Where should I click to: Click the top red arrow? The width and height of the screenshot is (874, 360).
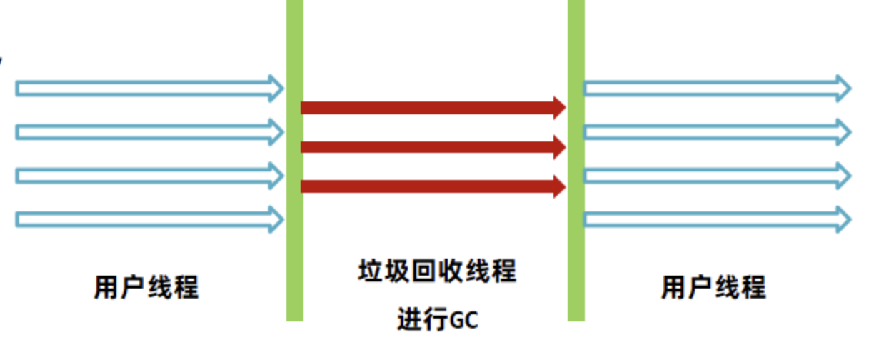tap(428, 108)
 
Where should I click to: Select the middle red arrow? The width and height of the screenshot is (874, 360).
tap(428, 147)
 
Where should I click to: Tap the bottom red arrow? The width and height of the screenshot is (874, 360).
tap(428, 186)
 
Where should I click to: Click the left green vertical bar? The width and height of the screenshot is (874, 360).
tap(294, 161)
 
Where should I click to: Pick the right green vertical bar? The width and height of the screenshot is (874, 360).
tap(576, 161)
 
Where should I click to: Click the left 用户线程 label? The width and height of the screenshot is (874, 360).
tap(146, 287)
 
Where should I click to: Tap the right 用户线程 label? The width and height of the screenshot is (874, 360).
tap(713, 287)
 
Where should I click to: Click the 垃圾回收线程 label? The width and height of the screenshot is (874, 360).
tap(436, 272)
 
